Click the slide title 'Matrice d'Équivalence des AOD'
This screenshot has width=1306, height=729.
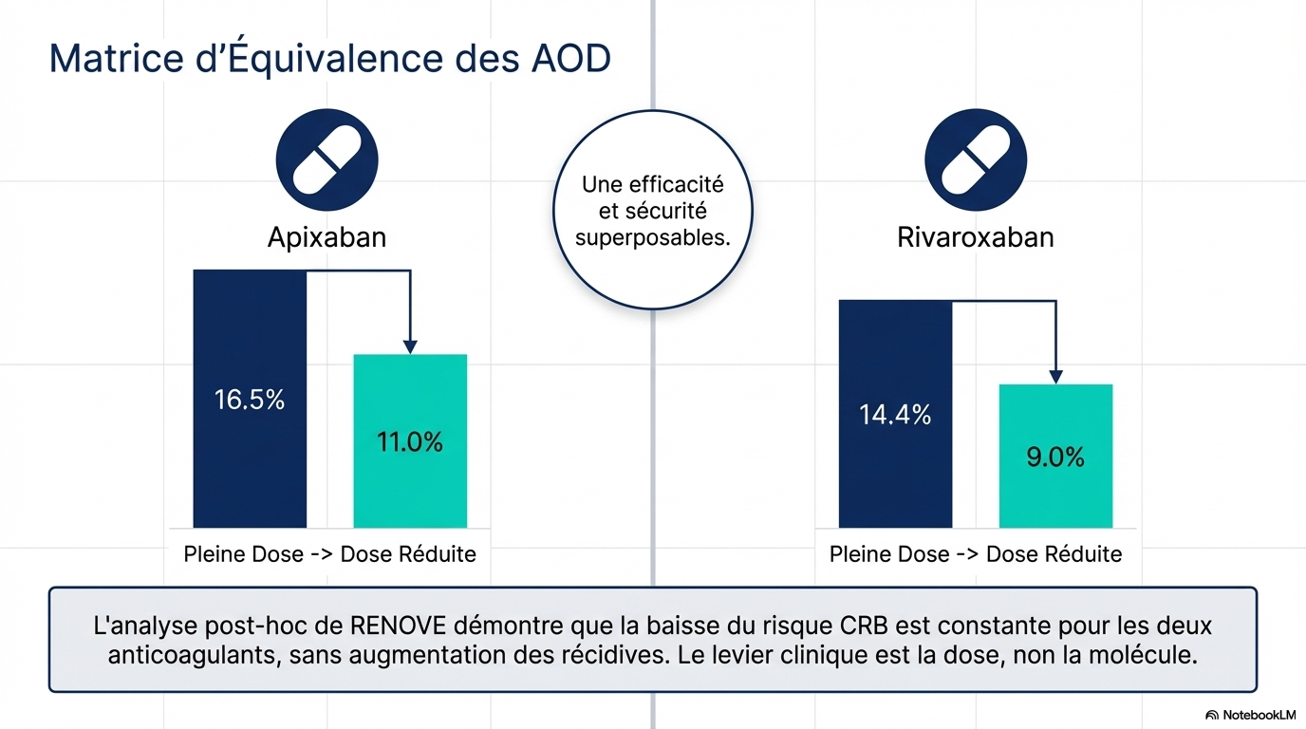329,58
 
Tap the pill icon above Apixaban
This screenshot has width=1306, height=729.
326,159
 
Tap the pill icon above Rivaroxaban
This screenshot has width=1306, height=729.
976,159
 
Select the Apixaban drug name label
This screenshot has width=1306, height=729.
326,236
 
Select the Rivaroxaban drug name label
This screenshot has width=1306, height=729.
976,236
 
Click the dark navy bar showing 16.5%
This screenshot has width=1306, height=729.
250,456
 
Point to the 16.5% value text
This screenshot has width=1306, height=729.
250,400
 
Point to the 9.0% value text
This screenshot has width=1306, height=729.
1055,458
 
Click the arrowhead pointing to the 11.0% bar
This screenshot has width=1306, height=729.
410,346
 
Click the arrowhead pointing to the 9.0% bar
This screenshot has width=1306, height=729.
1055,377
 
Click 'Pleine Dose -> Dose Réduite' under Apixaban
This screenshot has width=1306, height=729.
329,554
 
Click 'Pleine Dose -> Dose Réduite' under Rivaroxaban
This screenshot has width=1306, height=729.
976,554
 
